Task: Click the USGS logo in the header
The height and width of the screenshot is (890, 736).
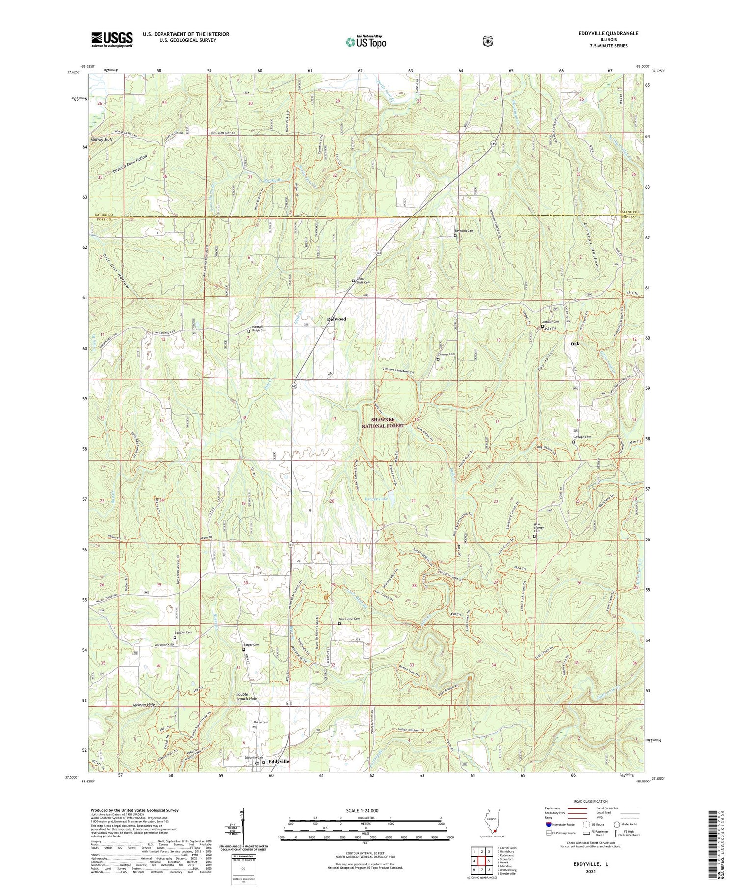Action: (112, 39)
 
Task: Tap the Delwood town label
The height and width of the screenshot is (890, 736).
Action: (337, 319)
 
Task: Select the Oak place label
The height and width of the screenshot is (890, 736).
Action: (575, 344)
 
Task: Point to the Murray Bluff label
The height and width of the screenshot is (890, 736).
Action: (102, 140)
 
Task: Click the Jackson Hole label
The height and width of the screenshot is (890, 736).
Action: (144, 705)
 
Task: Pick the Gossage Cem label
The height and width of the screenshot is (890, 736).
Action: (582, 437)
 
